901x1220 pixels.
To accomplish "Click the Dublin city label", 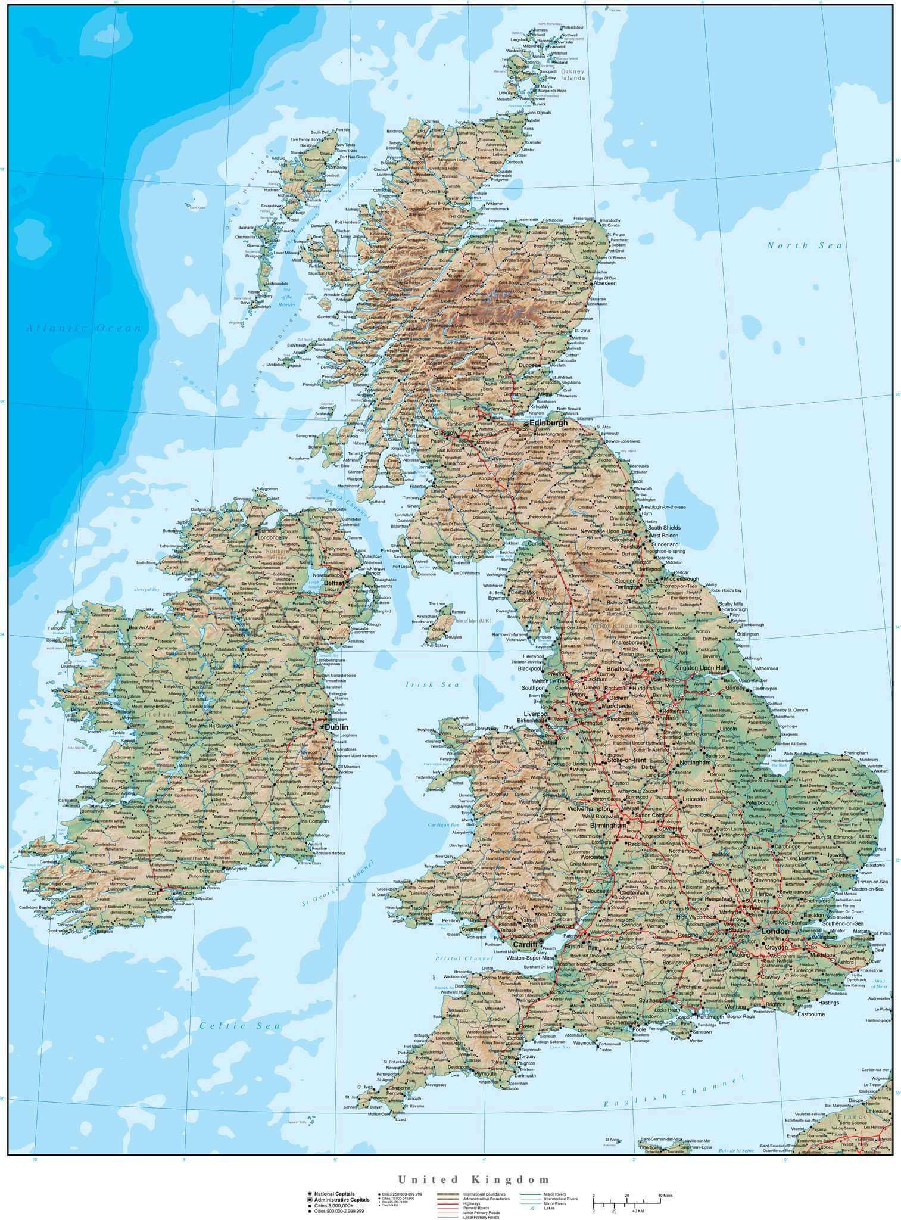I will click(x=336, y=727).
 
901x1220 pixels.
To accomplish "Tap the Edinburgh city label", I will click(x=548, y=422).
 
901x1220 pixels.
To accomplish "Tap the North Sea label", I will click(x=805, y=245).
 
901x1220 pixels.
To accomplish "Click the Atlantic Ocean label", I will click(x=83, y=328).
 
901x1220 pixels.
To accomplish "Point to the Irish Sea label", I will click(x=433, y=685).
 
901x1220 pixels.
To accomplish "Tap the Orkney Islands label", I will click(x=572, y=74).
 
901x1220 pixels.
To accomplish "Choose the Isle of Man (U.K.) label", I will click(x=473, y=621).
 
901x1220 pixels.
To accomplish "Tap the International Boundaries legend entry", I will click(x=485, y=1194).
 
